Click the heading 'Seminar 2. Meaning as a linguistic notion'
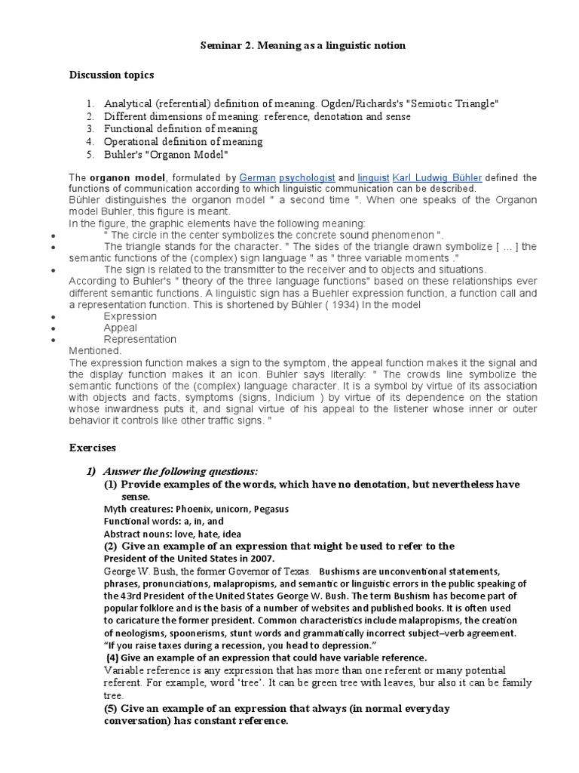pyautogui.click(x=302, y=46)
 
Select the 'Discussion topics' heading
pyautogui.click(x=112, y=75)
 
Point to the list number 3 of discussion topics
pyautogui.click(x=89, y=129)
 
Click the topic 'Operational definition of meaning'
pyautogui.click(x=183, y=142)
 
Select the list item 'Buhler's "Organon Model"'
pyautogui.click(x=166, y=155)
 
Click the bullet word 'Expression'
pyautogui.click(x=130, y=316)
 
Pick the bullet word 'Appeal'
pyautogui.click(x=121, y=328)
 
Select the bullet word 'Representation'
pyautogui.click(x=140, y=339)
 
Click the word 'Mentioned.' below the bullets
pyautogui.click(x=95, y=350)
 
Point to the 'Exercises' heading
pyautogui.click(x=94, y=448)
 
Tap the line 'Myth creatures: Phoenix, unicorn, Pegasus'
pyautogui.click(x=196, y=509)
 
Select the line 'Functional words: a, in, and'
pyautogui.click(x=164, y=521)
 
